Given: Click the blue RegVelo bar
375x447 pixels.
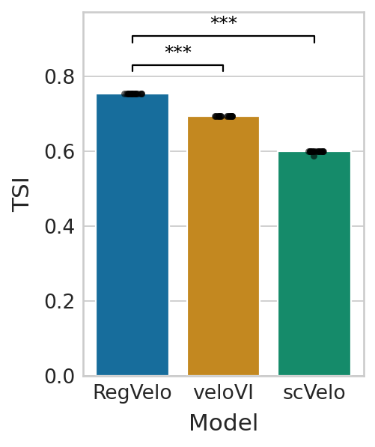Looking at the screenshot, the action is click(132, 234).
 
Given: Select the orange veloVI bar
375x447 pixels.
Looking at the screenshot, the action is click(223, 246).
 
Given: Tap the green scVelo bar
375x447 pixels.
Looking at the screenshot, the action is click(314, 264).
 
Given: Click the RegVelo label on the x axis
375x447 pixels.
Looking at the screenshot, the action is click(132, 393).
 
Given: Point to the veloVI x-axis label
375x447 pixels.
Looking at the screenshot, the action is click(223, 393).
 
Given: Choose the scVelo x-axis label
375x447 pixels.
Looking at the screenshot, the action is click(314, 393).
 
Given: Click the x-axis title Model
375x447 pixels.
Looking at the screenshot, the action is click(224, 423).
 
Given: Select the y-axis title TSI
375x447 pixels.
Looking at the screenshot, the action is click(21, 195).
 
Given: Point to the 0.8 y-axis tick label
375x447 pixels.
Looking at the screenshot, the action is click(60, 76).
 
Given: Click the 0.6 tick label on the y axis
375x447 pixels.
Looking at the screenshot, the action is click(60, 151).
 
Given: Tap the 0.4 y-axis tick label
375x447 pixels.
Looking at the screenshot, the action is click(60, 226).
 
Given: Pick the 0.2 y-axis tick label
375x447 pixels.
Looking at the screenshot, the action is click(60, 301).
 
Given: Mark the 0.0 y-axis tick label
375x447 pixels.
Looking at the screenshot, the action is click(60, 376).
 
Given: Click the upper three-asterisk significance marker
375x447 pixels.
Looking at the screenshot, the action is click(224, 21).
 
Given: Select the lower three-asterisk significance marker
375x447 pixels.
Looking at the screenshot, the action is click(178, 50).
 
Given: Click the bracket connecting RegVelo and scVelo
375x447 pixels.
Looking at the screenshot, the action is click(223, 36).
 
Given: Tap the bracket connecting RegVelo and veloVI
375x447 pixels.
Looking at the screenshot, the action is click(178, 65).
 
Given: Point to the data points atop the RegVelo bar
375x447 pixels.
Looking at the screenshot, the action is click(133, 94).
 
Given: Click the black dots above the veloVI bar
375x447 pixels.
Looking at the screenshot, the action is click(224, 116).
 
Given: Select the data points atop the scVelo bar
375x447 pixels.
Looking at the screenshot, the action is click(316, 153).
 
